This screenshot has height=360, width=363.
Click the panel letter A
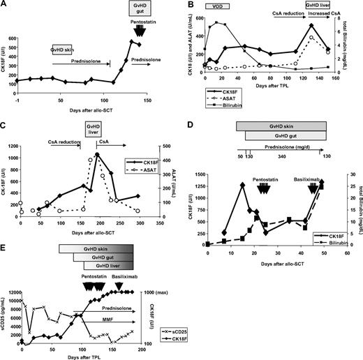(x=5, y=5)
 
